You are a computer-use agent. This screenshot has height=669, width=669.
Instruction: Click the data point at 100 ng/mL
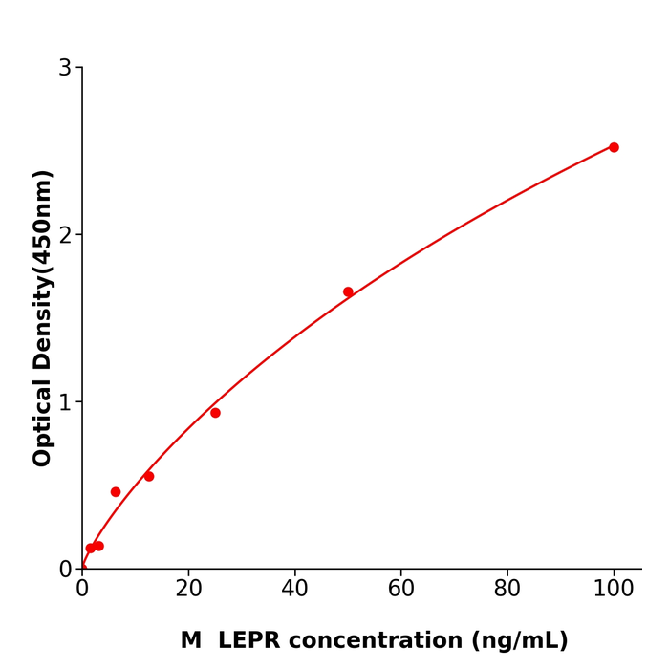coord(614,147)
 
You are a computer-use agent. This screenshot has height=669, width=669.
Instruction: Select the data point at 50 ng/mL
coord(348,292)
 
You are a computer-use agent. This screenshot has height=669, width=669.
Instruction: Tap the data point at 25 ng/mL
coord(215,413)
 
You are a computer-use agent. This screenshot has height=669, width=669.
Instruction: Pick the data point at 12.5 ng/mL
coord(149,476)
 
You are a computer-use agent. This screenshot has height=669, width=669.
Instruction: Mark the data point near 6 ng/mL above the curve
coord(116,492)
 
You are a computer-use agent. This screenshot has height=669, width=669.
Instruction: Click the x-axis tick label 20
coord(188,590)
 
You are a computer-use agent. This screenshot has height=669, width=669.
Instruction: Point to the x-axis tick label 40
coord(294,590)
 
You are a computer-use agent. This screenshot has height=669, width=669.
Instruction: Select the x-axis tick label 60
coord(401,590)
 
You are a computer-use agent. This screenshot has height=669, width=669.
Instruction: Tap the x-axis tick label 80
coord(507,590)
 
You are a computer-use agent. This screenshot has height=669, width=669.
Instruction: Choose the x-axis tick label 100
coord(614,590)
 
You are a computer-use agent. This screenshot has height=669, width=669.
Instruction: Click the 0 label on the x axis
coord(82,590)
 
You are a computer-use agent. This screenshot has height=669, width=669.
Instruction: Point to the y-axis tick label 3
coord(65,68)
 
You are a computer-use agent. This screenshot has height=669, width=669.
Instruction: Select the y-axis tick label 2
coord(65,235)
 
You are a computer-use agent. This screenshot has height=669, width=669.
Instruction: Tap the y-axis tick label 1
coord(65,402)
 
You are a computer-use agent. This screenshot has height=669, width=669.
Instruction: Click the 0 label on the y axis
coord(65,570)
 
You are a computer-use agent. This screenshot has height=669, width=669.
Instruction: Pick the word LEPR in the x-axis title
coord(251,641)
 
